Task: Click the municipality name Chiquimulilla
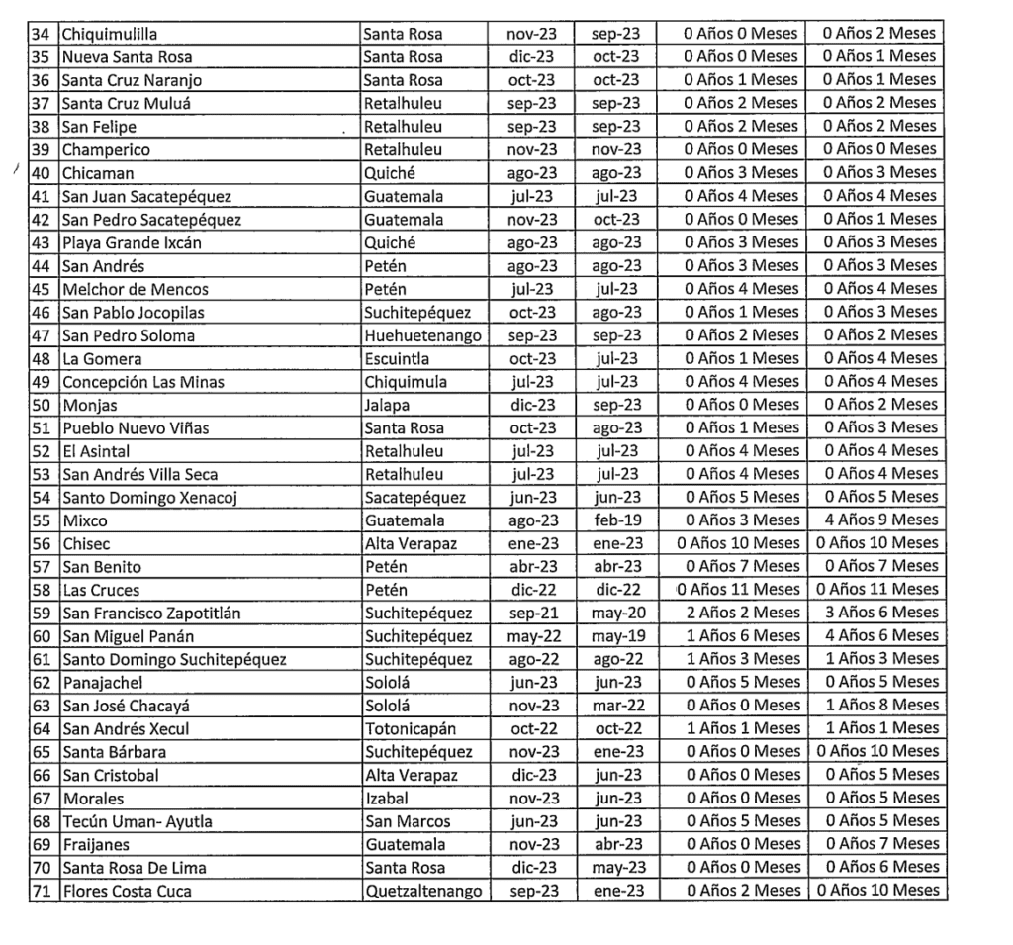point(109,34)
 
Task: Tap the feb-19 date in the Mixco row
point(616,520)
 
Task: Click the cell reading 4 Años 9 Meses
point(875,520)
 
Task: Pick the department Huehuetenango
point(422,335)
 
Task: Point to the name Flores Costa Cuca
point(127,891)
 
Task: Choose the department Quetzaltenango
point(422,891)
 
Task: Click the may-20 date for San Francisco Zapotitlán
point(616,614)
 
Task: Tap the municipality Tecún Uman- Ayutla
point(137,821)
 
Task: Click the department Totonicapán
point(411,729)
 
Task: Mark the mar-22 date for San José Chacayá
point(616,706)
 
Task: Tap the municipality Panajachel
point(102,683)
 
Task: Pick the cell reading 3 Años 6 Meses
point(875,614)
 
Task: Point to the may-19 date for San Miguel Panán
point(616,636)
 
